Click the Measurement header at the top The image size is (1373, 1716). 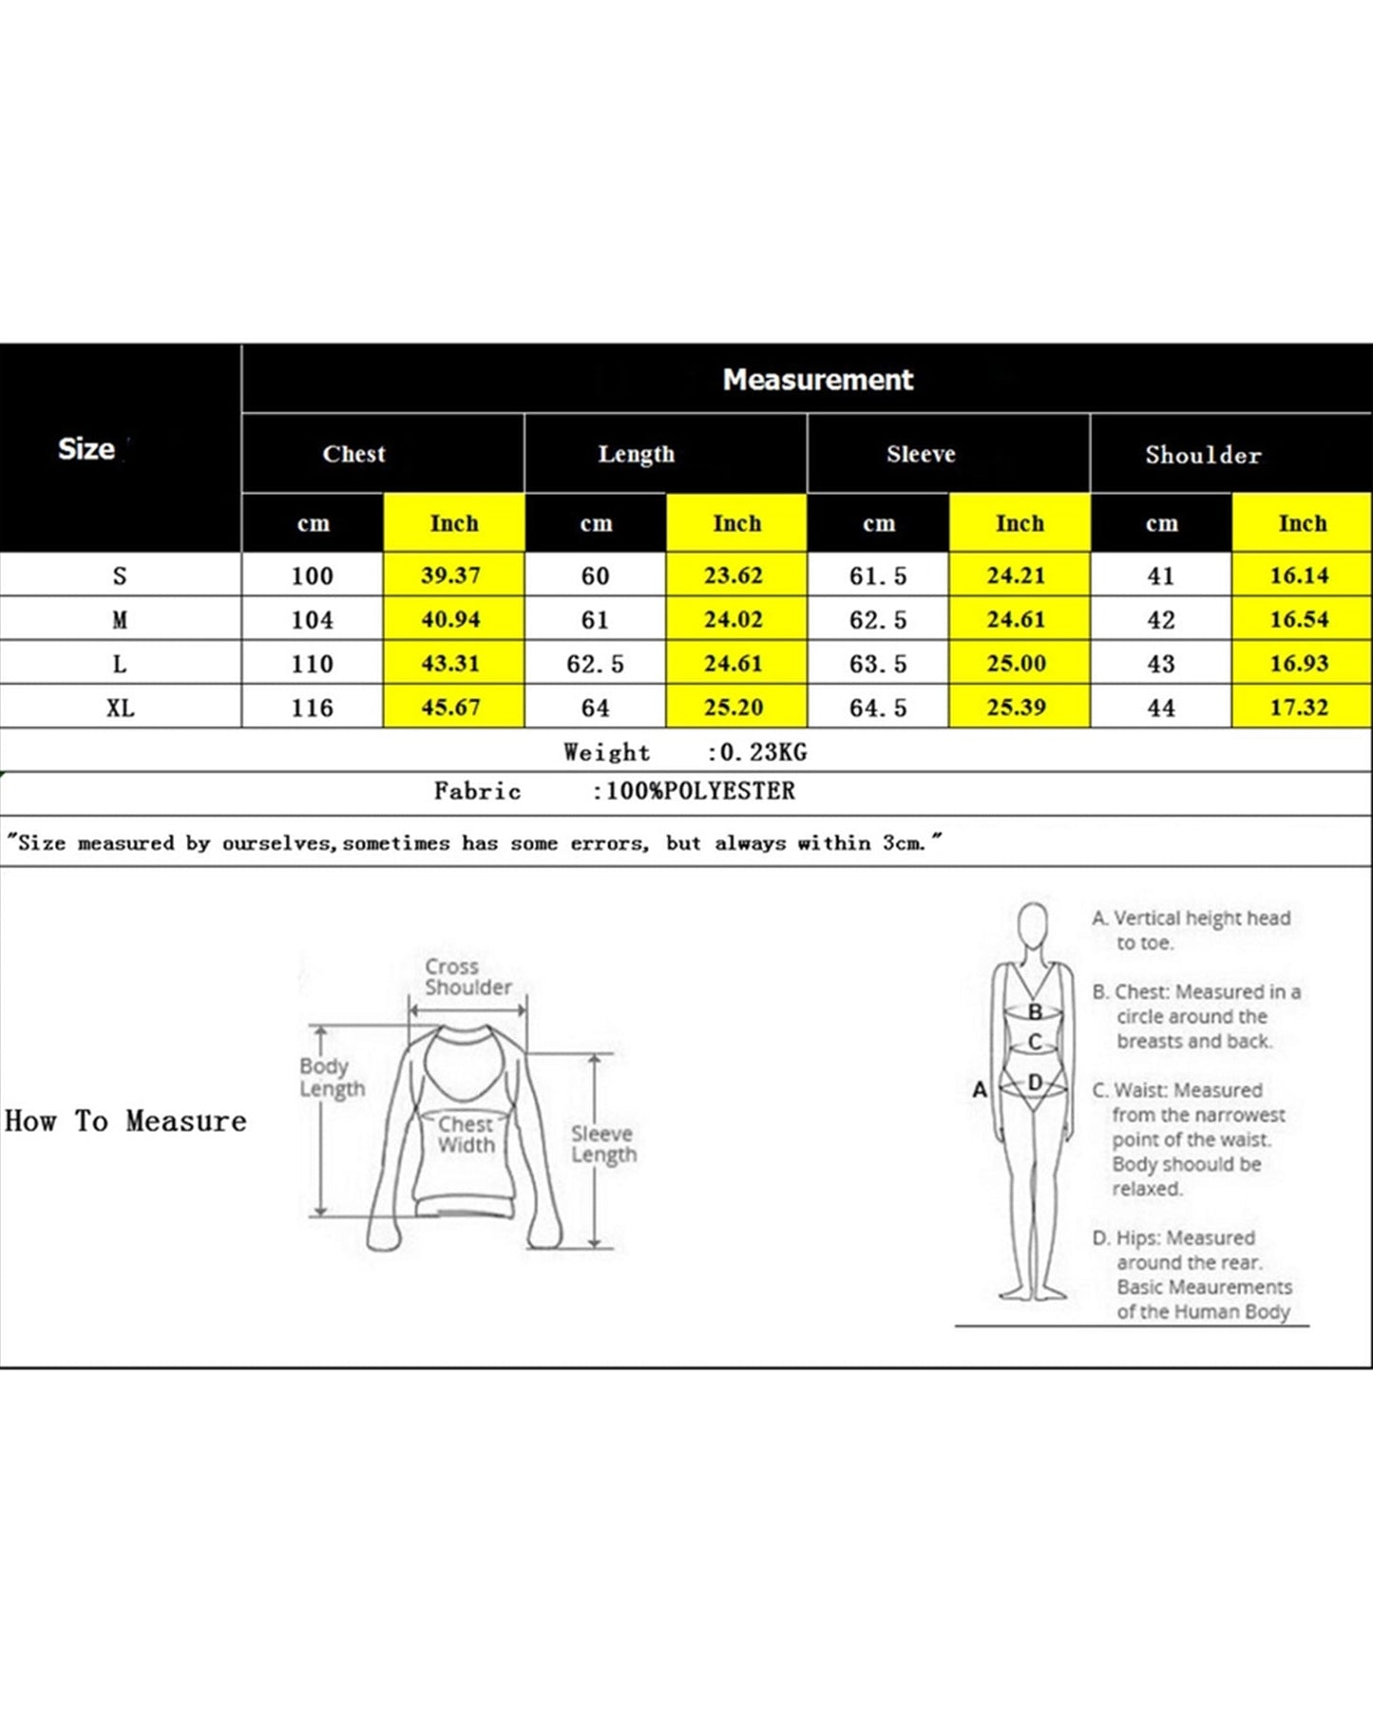point(817,380)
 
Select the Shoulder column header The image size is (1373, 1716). point(1203,455)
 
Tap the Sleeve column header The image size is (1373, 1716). point(921,454)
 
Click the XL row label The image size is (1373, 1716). point(120,707)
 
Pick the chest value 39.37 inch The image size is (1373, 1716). point(451,575)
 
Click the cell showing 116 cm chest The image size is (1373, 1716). point(312,707)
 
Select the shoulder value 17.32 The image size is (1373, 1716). point(1299,707)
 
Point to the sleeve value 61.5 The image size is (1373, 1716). point(877,575)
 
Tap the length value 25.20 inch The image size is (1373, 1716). point(733,707)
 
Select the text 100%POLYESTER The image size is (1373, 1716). point(700,791)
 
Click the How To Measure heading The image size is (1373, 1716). point(125,1121)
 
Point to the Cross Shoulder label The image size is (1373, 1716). point(467,976)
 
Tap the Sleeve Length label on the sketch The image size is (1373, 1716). point(603,1143)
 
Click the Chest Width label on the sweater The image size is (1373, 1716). point(466,1134)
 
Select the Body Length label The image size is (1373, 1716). point(332,1077)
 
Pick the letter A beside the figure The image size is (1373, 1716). point(980,1089)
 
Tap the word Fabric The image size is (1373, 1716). point(477,791)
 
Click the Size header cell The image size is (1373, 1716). point(86,448)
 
